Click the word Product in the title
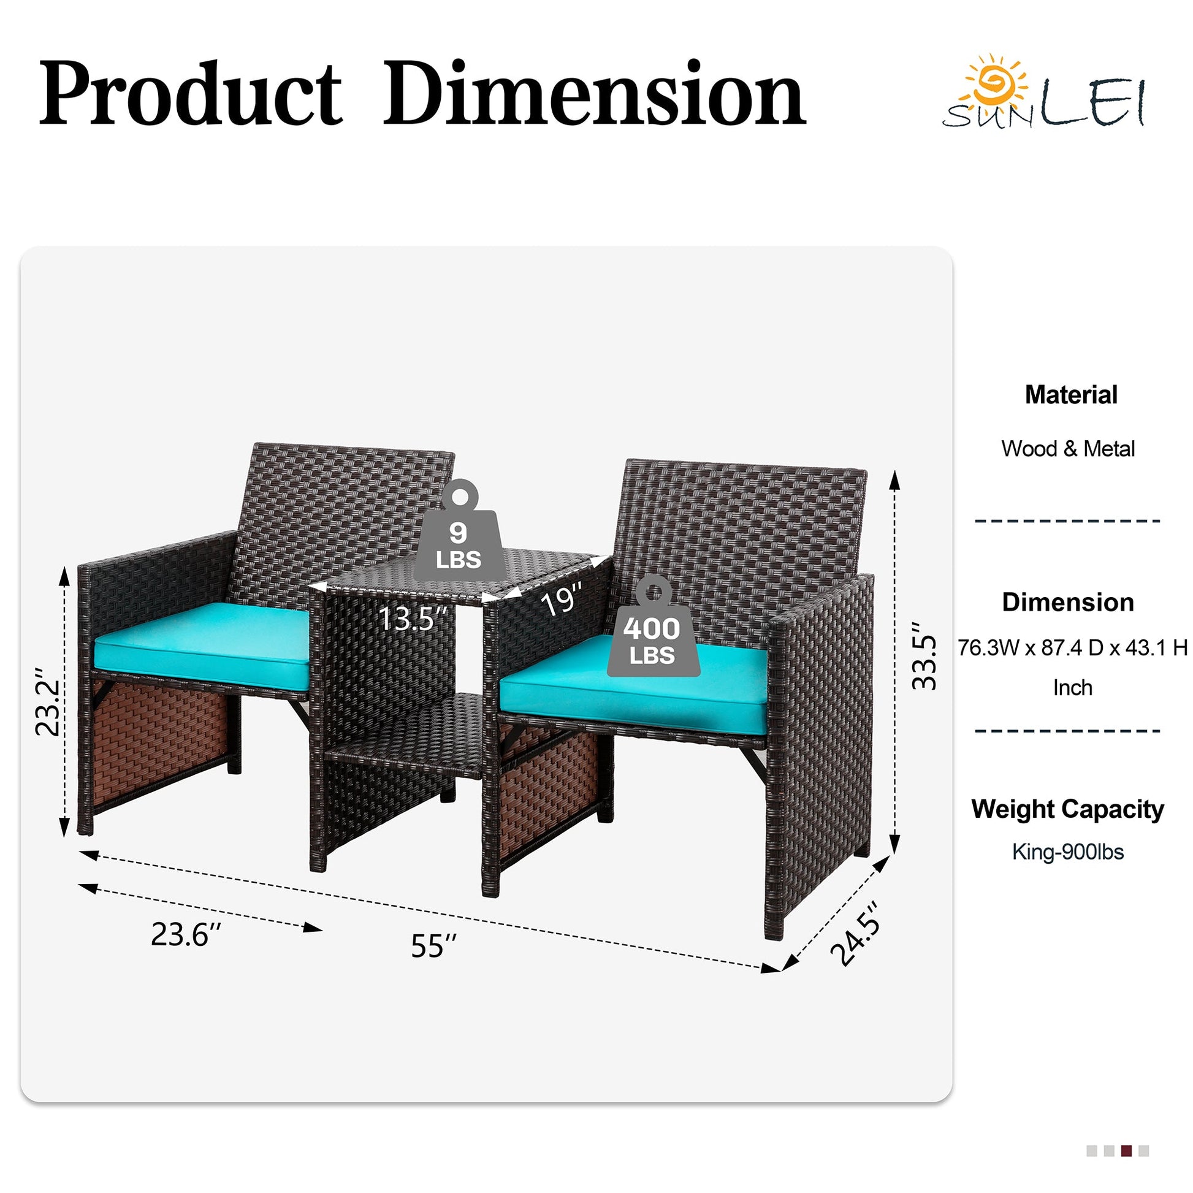click(x=191, y=94)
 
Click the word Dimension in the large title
click(x=595, y=93)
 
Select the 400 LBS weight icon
click(x=653, y=626)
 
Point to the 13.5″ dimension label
click(x=413, y=618)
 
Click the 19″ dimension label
click(x=562, y=599)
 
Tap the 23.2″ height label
click(x=48, y=701)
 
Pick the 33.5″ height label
click(x=924, y=655)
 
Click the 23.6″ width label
click(x=186, y=934)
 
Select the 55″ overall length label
click(x=434, y=946)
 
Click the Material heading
click(x=1071, y=395)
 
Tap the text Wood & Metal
click(x=1069, y=449)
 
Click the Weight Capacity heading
click(x=1068, y=809)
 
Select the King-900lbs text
click(x=1069, y=852)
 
